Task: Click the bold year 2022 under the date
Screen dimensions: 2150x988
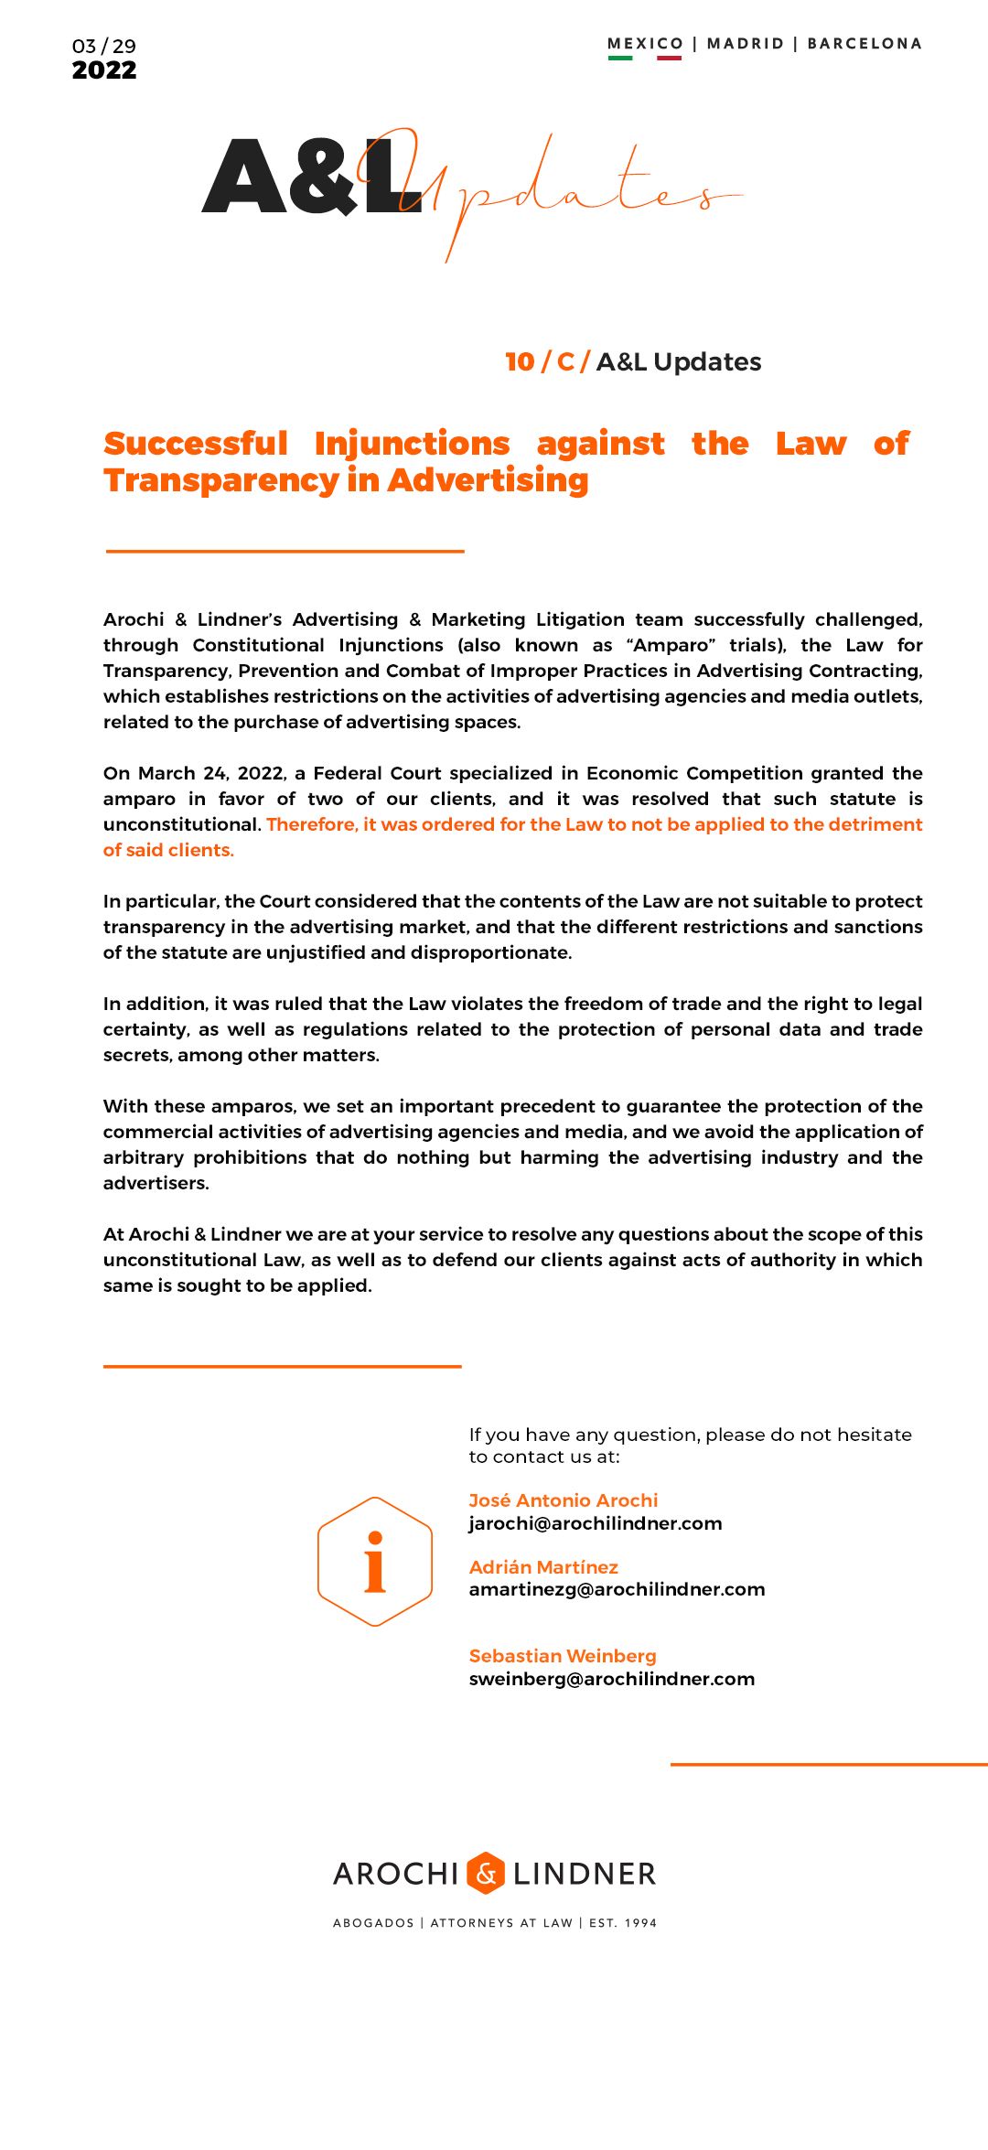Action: pyautogui.click(x=104, y=70)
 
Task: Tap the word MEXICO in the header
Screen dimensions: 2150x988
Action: pyautogui.click(x=645, y=44)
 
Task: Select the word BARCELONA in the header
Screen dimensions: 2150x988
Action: pyautogui.click(x=864, y=44)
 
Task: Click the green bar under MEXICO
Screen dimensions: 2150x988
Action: pyautogui.click(x=620, y=59)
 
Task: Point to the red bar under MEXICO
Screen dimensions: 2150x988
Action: pyautogui.click(x=669, y=59)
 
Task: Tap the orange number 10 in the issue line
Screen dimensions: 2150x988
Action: pyautogui.click(x=520, y=362)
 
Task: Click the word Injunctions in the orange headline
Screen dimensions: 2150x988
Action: pyautogui.click(x=412, y=444)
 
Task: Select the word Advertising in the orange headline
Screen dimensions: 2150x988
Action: pyautogui.click(x=488, y=480)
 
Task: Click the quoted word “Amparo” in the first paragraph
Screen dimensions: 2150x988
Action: pyautogui.click(x=672, y=645)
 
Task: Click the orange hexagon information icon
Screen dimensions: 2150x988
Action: pyautogui.click(x=375, y=1561)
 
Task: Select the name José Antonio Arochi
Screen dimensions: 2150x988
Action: pyautogui.click(x=563, y=1500)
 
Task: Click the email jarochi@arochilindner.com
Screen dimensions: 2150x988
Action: pyautogui.click(x=596, y=1523)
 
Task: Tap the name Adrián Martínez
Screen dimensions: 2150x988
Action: pyautogui.click(x=543, y=1567)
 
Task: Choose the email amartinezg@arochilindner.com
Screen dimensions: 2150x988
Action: pyautogui.click(x=617, y=1589)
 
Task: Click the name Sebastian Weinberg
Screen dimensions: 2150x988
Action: pyautogui.click(x=563, y=1656)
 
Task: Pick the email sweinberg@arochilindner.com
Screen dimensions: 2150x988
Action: pyautogui.click(x=611, y=1679)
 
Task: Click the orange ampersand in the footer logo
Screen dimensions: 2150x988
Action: pyautogui.click(x=486, y=1873)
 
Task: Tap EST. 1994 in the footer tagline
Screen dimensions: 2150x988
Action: pyautogui.click(x=623, y=1923)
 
